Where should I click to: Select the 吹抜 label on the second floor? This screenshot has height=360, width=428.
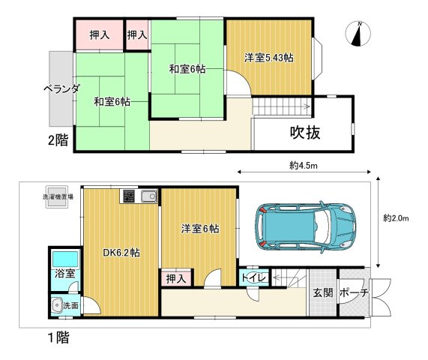pos(305,133)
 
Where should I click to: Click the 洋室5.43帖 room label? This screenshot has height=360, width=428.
pos(268,57)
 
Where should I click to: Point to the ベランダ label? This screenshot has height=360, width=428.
pos(61,88)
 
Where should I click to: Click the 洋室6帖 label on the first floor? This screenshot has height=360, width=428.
pos(199,228)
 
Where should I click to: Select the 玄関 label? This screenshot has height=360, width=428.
pos(322,293)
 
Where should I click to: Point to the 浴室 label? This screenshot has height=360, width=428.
pos(64,274)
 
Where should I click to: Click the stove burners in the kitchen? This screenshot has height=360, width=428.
pos(128,197)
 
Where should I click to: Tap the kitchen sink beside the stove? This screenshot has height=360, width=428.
pos(147,197)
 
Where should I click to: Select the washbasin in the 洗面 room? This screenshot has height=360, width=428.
pos(57,305)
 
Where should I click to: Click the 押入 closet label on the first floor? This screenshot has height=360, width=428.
pos(176,278)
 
